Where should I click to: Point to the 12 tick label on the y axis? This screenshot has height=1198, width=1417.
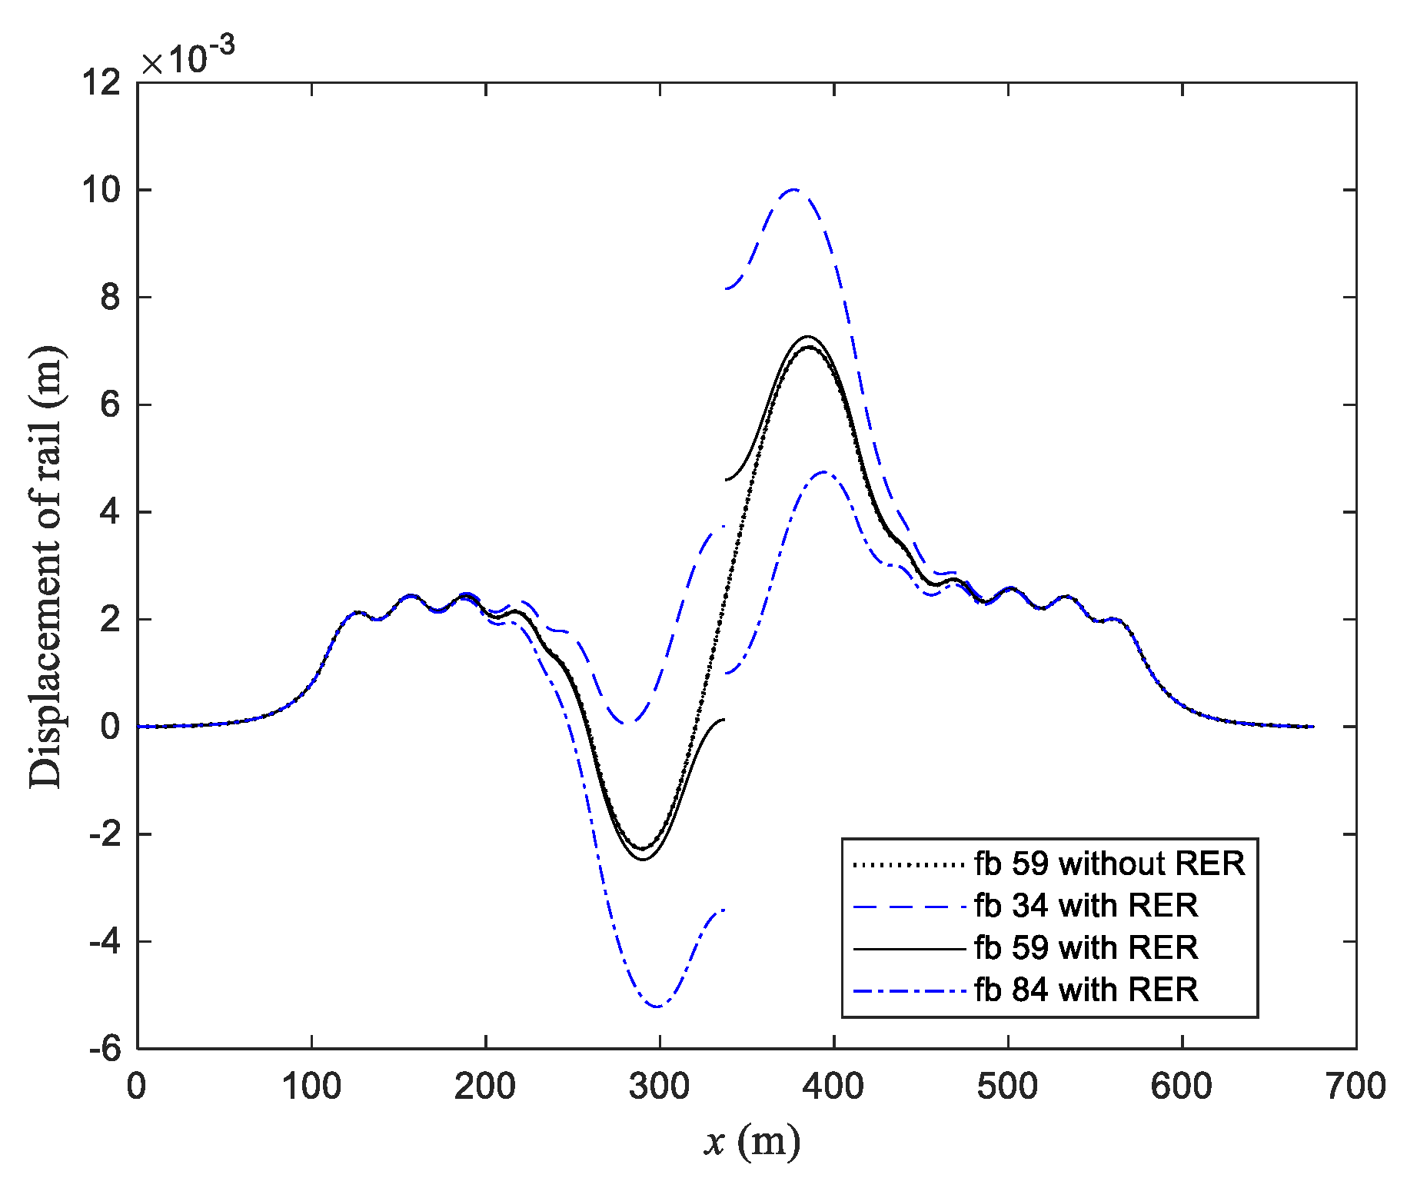tap(102, 83)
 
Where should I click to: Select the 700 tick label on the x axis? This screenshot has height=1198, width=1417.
tap(1355, 1087)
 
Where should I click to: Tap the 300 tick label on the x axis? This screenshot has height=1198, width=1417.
tap(659, 1087)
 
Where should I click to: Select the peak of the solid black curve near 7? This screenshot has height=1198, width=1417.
tap(808, 336)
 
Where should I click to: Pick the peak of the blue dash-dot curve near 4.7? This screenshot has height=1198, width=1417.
tap(824, 472)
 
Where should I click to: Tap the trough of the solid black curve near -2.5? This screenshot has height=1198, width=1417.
tap(643, 860)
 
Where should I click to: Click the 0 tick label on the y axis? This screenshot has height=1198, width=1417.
tap(111, 727)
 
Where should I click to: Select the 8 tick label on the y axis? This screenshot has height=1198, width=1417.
tap(111, 297)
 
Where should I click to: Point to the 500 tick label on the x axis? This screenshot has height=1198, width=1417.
tap(1007, 1087)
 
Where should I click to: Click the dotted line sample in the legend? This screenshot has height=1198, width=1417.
tap(908, 864)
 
